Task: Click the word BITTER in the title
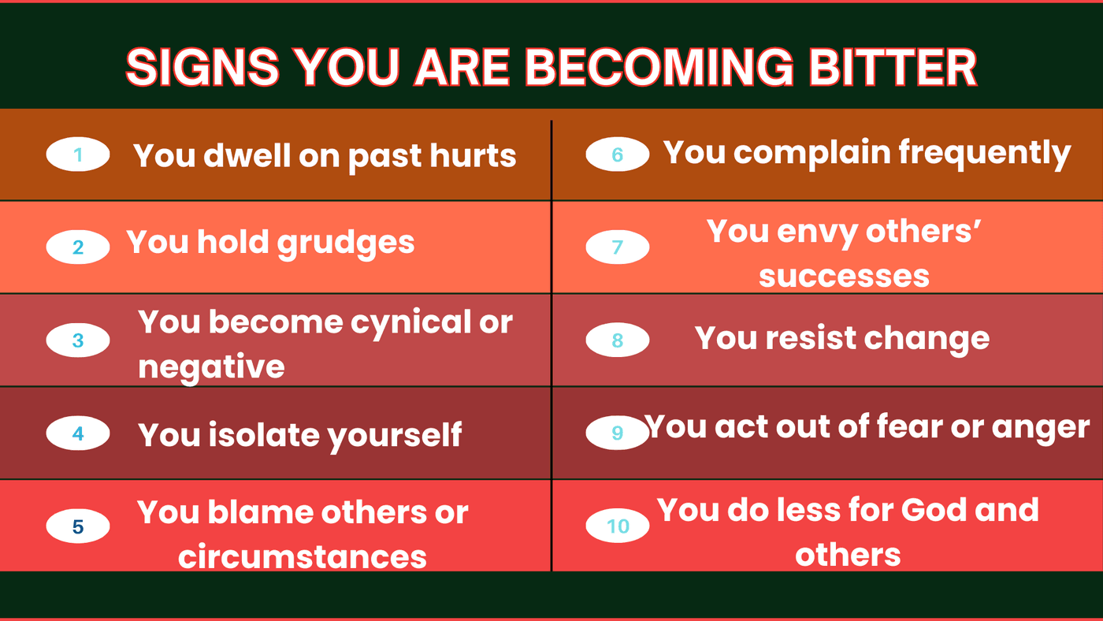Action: (893, 67)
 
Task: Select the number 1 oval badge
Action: (78, 154)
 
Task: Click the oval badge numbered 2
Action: (78, 247)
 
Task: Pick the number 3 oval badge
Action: (78, 340)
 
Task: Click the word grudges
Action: (346, 244)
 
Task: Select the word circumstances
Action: (303, 557)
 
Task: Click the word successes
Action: (844, 277)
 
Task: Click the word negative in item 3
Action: (211, 367)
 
